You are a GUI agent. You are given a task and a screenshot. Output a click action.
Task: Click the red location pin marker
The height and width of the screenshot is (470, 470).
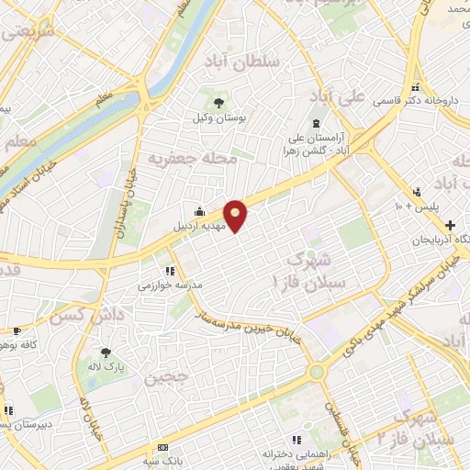click(x=237, y=216)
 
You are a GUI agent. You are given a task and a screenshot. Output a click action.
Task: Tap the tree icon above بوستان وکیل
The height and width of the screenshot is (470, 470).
click(x=218, y=103)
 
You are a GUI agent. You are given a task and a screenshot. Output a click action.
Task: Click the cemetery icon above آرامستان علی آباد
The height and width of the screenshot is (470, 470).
click(x=317, y=123)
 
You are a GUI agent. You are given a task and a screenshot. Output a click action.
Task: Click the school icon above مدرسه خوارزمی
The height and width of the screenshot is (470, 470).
click(x=169, y=271)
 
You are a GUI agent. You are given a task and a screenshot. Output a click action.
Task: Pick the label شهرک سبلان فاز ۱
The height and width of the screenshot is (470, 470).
click(x=314, y=265)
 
